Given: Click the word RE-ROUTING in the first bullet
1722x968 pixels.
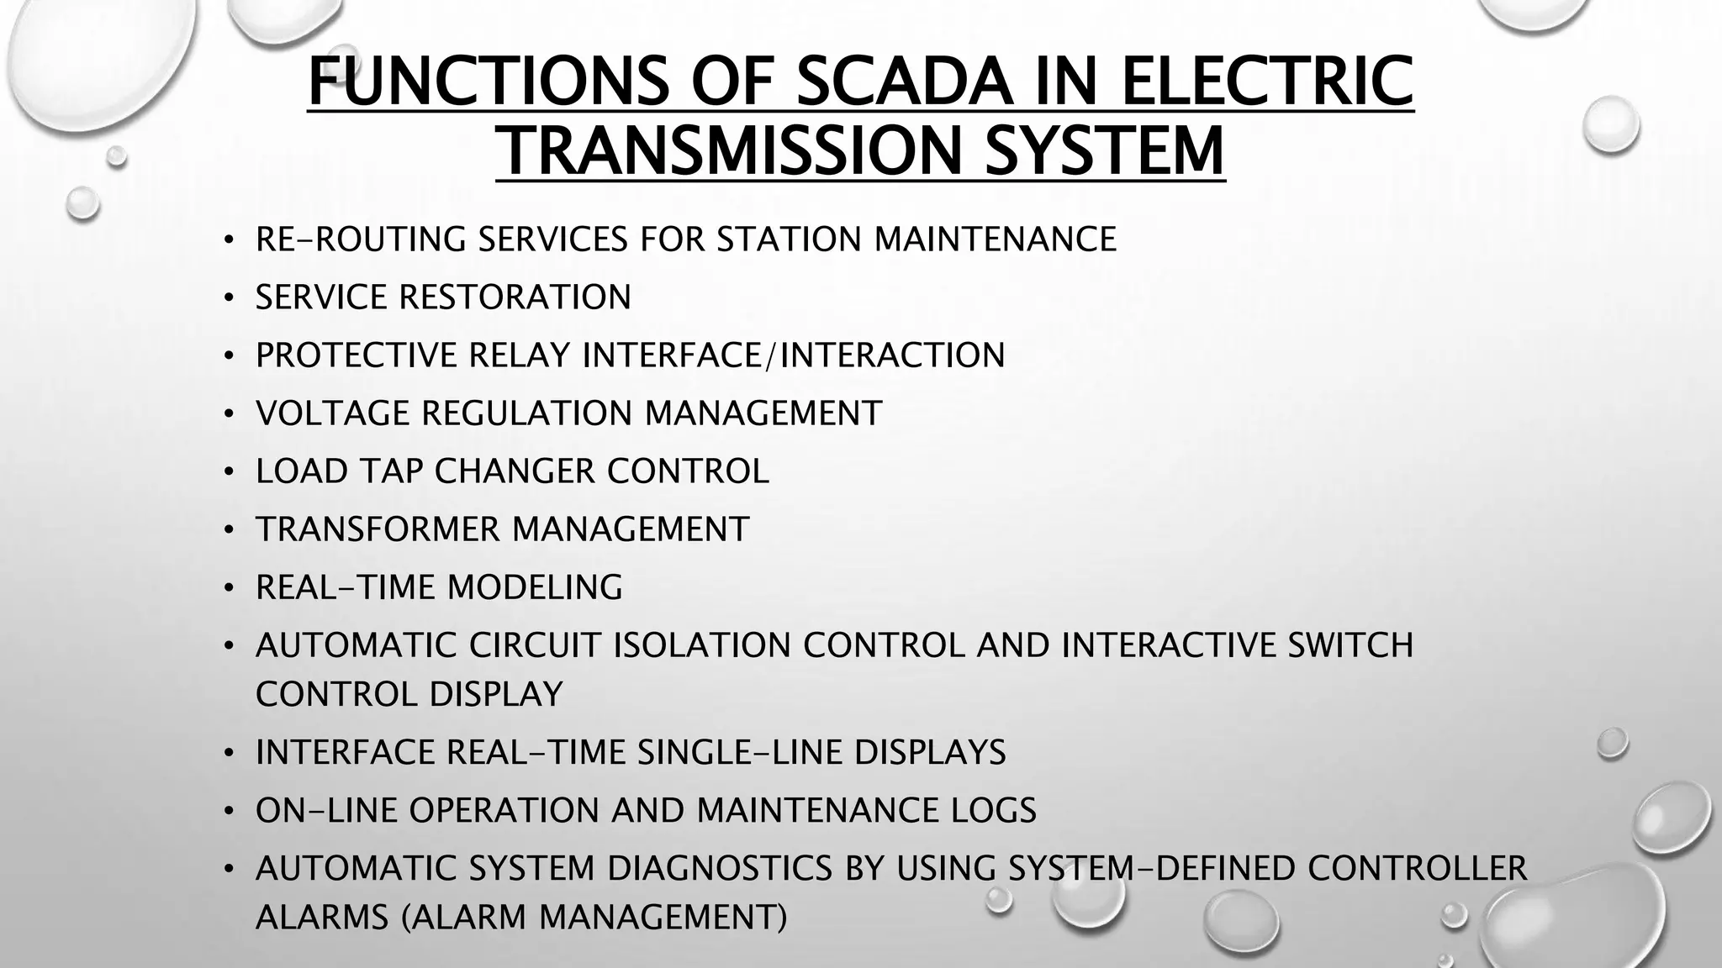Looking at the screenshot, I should [361, 239].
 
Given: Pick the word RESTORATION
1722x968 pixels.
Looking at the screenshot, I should [515, 297].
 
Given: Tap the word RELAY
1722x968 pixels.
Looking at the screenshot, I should [519, 355].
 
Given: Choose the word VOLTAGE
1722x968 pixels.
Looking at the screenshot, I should [332, 413].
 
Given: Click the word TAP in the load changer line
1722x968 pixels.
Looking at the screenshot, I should [392, 471].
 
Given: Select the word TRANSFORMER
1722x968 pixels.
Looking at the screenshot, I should [378, 529].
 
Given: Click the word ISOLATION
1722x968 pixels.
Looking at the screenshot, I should [702, 645].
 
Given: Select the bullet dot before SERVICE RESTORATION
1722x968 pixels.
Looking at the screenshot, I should [228, 298].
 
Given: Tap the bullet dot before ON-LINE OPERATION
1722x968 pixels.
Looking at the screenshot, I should [228, 812].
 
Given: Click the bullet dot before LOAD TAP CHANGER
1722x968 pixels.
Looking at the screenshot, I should [228, 472].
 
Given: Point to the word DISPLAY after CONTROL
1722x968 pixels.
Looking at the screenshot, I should [496, 695].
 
